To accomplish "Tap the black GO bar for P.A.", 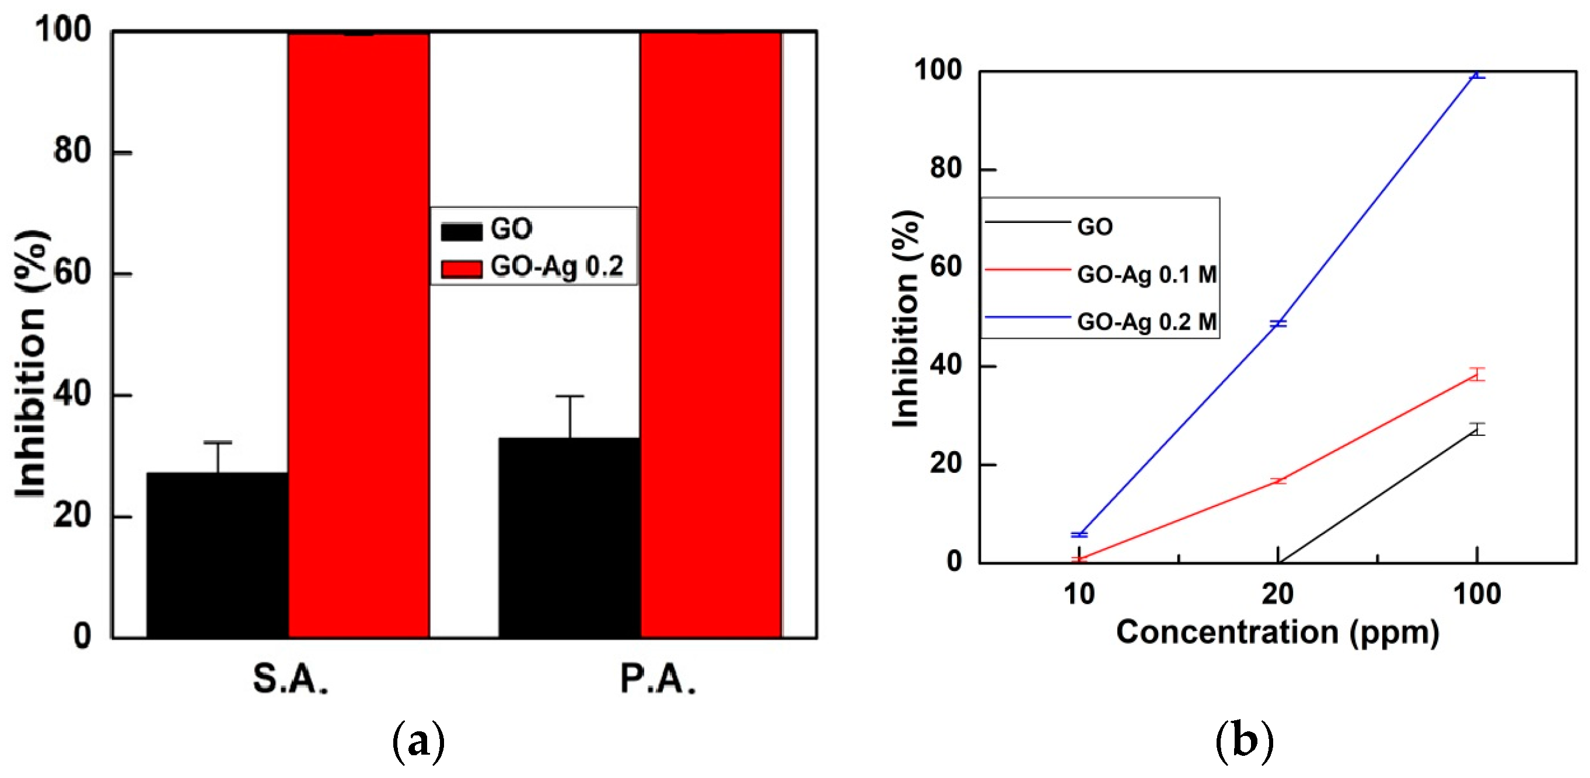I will click(x=569, y=537).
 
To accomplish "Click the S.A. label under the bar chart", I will click(x=290, y=679).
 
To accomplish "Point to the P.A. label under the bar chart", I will click(x=658, y=679).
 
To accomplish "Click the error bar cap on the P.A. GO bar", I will click(x=569, y=396).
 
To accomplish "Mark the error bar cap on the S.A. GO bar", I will click(x=217, y=442).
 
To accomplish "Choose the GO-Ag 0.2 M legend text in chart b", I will click(x=1146, y=322).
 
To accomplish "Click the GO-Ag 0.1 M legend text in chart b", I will click(x=1146, y=274).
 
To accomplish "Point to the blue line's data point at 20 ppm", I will click(x=1278, y=323).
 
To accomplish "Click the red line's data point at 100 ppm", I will click(x=1476, y=374).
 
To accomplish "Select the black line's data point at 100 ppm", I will click(x=1476, y=429).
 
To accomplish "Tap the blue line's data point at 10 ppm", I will click(x=1079, y=535).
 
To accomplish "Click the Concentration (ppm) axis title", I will click(x=1278, y=632).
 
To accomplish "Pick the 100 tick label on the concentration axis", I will click(x=1476, y=594).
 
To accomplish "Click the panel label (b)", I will click(x=1245, y=739).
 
